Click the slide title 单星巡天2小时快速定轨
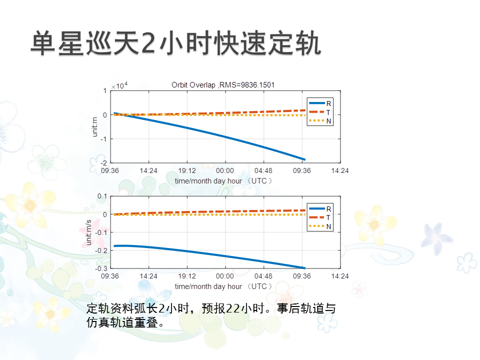(175, 43)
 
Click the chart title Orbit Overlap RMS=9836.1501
(223, 85)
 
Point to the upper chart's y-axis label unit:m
(94, 126)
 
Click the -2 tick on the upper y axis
(104, 163)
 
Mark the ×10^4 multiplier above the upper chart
(119, 85)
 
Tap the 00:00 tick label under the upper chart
(225, 170)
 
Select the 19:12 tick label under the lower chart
(186, 276)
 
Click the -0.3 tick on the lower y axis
(102, 268)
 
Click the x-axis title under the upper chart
(223, 180)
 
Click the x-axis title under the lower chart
(223, 286)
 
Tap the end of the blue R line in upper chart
(304, 159)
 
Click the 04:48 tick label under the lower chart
(263, 276)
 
